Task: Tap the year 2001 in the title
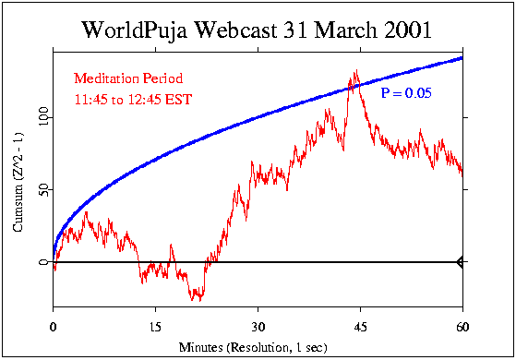tap(406, 30)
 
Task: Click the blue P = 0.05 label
tap(406, 93)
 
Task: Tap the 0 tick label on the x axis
tap(54, 327)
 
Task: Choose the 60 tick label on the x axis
tap(461, 327)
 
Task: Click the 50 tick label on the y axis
tap(42, 190)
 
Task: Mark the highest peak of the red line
tap(354, 70)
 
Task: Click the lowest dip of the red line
tap(196, 301)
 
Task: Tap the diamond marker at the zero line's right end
tap(460, 262)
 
